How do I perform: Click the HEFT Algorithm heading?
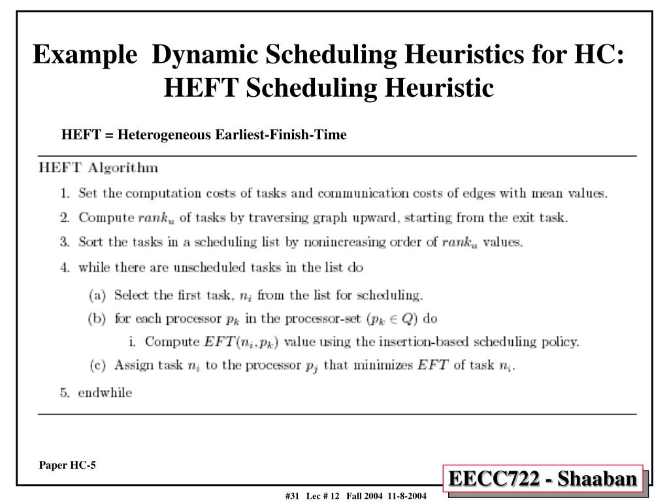(x=99, y=168)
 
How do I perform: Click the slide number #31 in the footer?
(x=292, y=497)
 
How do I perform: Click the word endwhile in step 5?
(x=105, y=393)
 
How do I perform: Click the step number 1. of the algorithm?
(x=65, y=193)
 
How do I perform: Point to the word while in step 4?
(x=92, y=267)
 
